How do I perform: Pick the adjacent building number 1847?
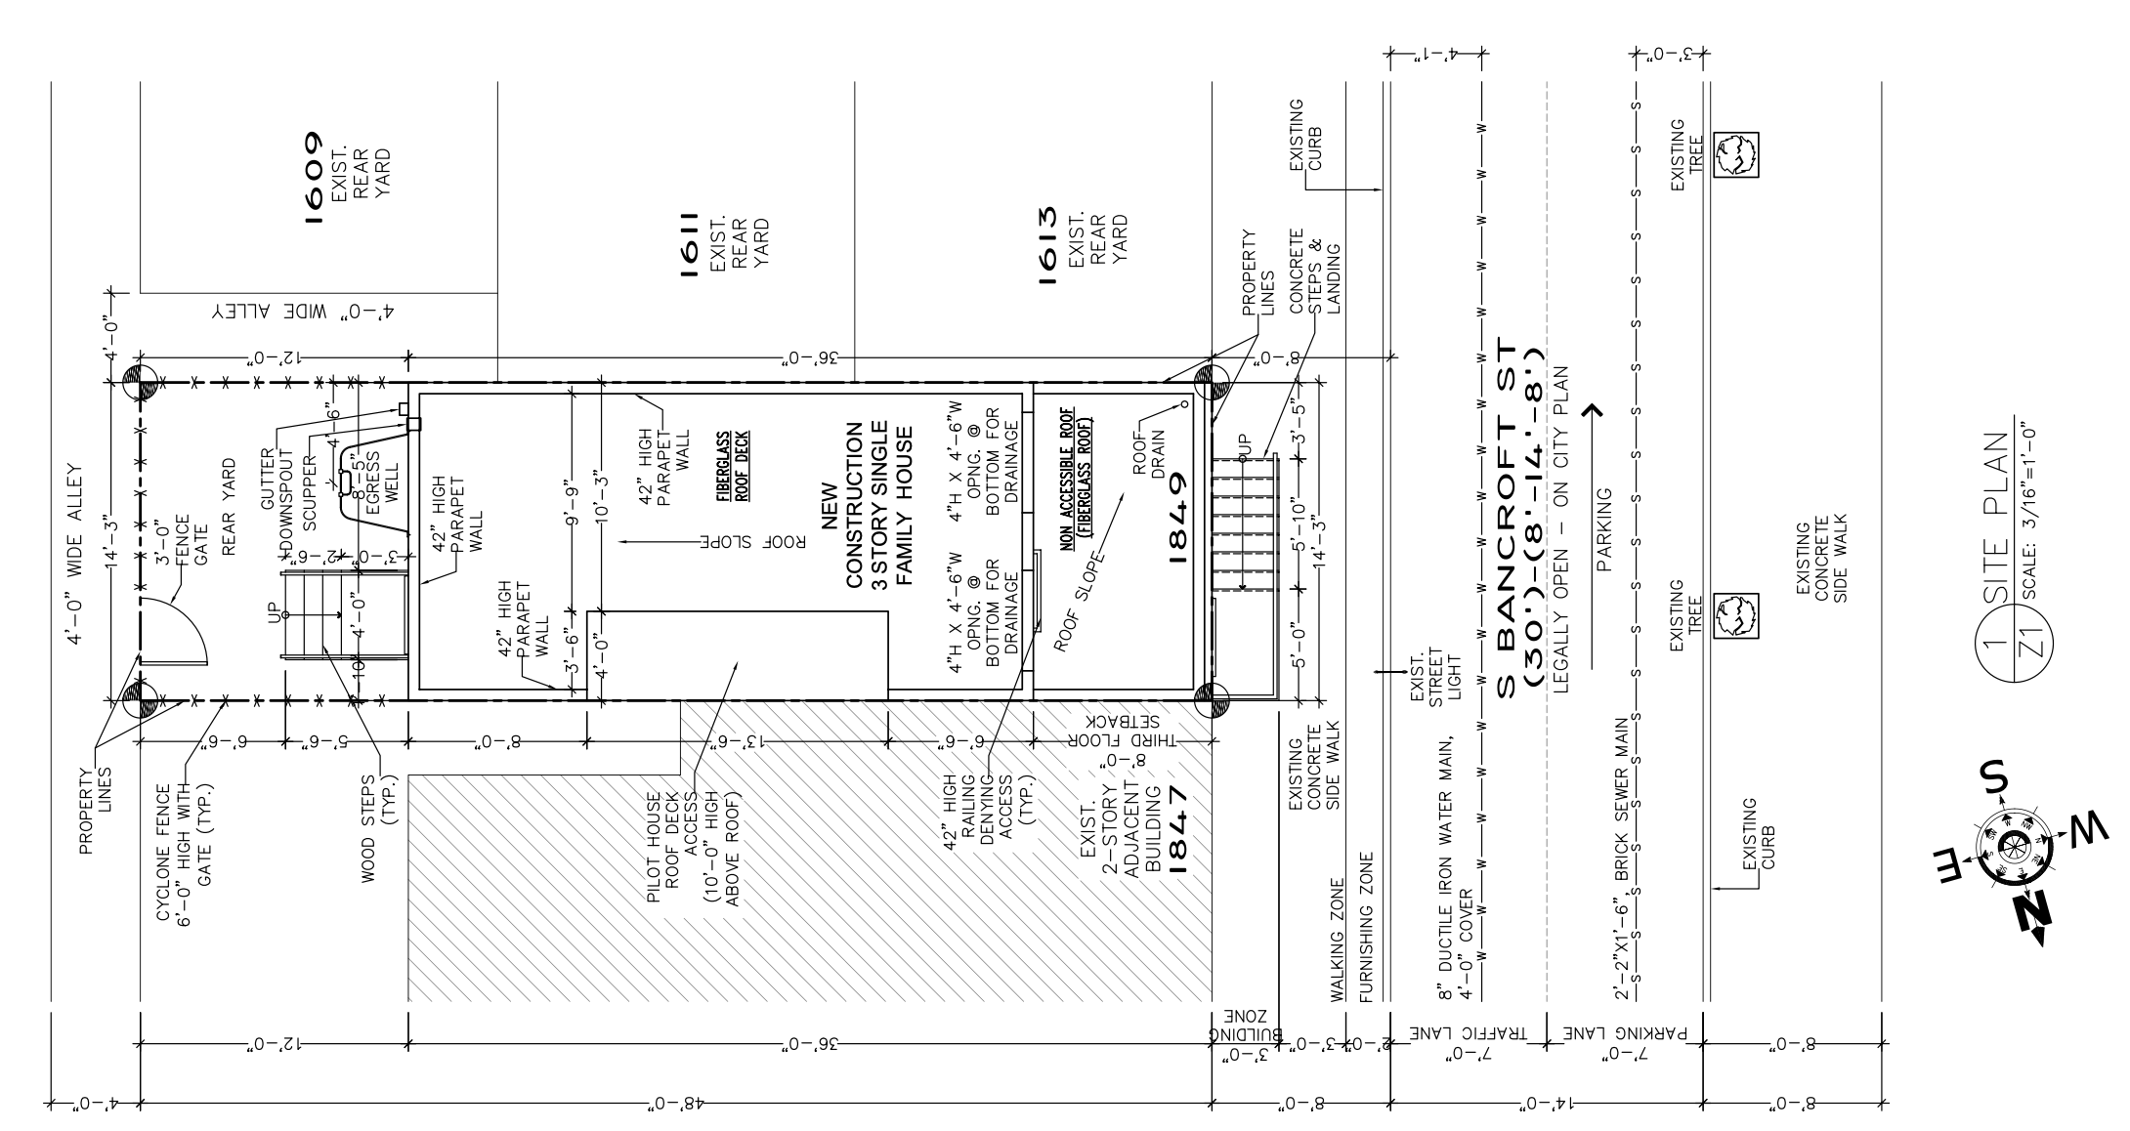(x=1177, y=830)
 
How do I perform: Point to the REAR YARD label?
(x=230, y=508)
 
